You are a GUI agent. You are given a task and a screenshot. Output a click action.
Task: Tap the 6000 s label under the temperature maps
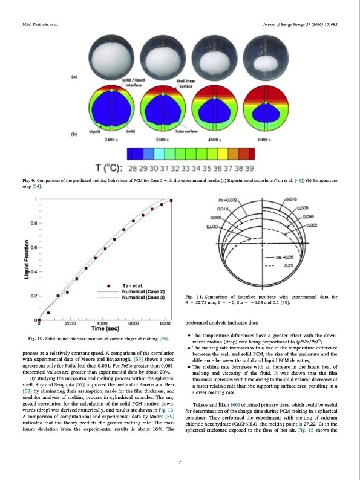click(263, 140)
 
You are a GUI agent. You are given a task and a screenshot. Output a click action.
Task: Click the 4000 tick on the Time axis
click(102, 323)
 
